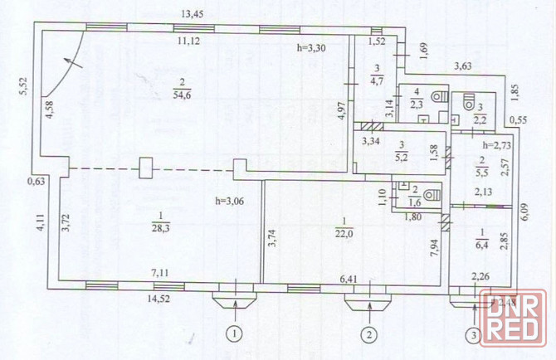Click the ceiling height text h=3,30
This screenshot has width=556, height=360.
312,49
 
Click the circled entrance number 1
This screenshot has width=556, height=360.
236,335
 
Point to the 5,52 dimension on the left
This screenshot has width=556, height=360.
24,90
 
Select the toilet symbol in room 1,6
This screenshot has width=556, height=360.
429,196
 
